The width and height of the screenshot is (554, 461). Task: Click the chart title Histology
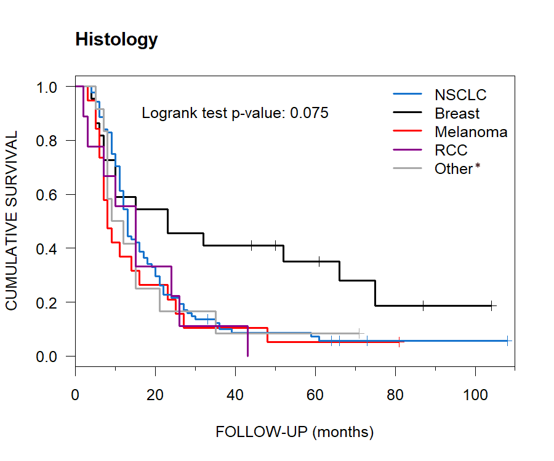coord(116,40)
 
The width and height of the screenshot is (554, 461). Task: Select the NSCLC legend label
coord(460,95)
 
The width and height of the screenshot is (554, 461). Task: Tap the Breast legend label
coord(457,114)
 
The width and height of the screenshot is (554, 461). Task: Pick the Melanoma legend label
coord(471,132)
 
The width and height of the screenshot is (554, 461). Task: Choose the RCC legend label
coord(451,151)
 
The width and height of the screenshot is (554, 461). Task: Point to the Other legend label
coord(453,169)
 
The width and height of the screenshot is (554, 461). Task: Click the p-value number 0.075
coord(309,113)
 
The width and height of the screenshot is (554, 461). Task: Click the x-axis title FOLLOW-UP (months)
coord(294,432)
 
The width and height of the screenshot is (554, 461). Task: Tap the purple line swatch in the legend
coord(407,151)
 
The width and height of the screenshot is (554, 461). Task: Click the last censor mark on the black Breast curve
coord(491,305)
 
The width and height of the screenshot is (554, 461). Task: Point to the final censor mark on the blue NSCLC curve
coord(507,341)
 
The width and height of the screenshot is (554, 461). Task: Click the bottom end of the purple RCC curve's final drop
coord(247,355)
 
